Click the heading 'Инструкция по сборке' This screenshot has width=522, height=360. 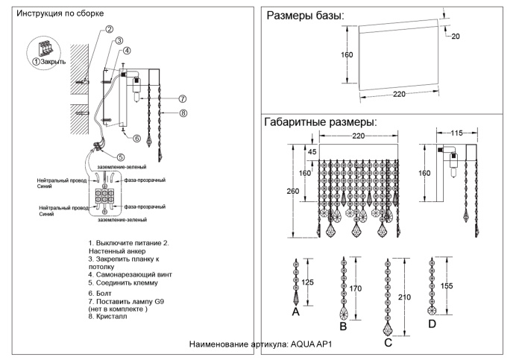click(60, 13)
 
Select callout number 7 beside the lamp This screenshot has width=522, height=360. click(182, 98)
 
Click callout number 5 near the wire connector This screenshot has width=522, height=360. click(121, 157)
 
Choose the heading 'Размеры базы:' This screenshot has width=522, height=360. click(305, 16)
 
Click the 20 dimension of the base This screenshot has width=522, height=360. click(455, 37)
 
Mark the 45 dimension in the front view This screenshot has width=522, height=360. click(312, 153)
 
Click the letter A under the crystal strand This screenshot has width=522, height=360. click(295, 313)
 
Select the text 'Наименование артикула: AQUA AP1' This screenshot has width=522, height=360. click(260, 345)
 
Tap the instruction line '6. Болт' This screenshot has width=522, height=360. click(103, 294)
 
